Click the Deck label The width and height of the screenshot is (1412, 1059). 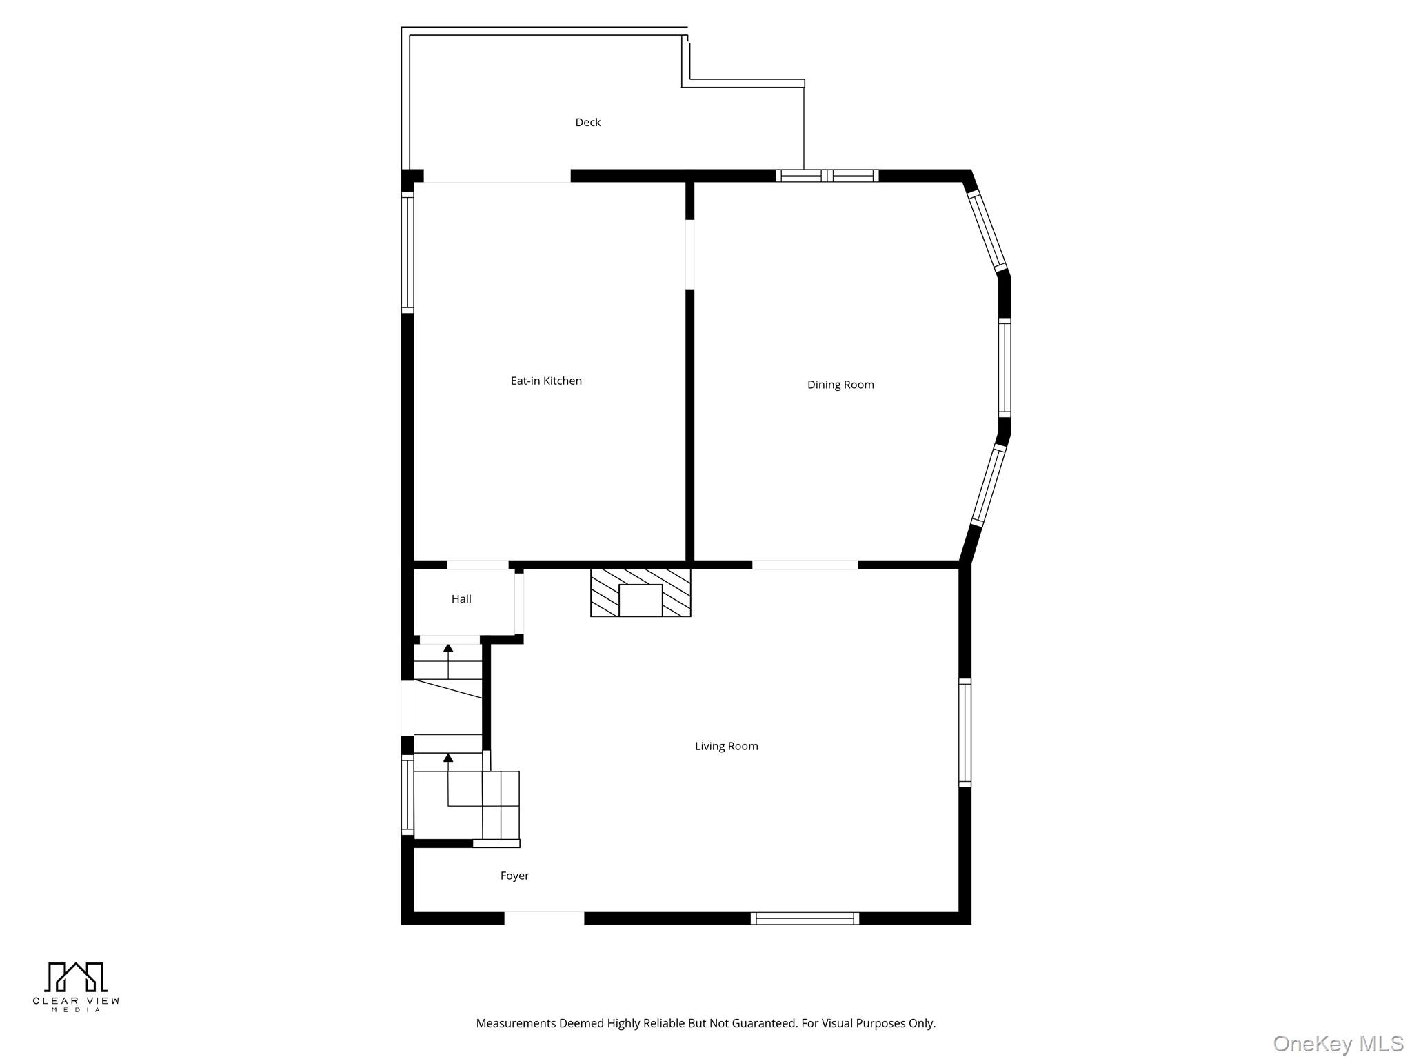coord(588,122)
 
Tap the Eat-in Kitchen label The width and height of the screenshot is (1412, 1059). coord(546,381)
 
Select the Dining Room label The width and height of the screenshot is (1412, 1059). coord(840,385)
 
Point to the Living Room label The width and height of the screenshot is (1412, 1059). coord(726,746)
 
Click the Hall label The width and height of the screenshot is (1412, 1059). coord(461,598)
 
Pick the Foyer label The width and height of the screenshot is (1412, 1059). coord(514,876)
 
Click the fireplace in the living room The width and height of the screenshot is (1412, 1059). coord(641,592)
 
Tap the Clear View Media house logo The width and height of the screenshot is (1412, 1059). coord(76,977)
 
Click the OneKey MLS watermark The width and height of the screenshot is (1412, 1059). coord(1338,1044)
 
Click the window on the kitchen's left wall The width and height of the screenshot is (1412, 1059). coord(407,252)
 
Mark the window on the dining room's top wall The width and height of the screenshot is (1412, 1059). coord(827,176)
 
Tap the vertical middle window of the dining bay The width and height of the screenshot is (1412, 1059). coord(1005,367)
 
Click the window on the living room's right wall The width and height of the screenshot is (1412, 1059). coord(965,732)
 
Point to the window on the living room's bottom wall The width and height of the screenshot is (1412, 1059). coord(805,918)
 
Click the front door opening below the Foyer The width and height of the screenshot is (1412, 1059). coord(544,918)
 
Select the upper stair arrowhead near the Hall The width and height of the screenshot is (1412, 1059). coord(448,648)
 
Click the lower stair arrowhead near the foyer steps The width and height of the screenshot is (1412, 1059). coord(448,758)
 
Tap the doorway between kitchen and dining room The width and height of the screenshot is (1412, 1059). coord(689,254)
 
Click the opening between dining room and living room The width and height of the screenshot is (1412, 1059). coord(805,565)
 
